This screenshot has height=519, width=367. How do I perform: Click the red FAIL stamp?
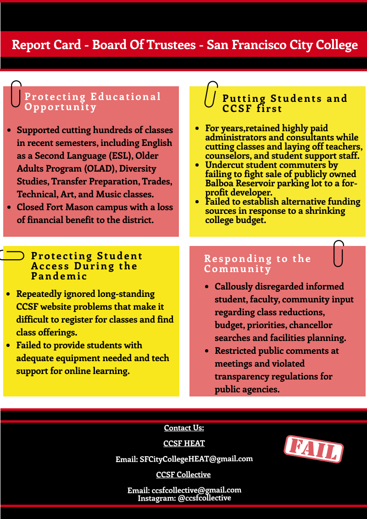click(314, 449)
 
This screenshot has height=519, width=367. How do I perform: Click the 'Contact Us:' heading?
click(184, 428)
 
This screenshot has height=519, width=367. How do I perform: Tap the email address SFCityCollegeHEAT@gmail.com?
click(196, 458)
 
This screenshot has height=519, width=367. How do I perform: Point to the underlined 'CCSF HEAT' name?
click(184, 443)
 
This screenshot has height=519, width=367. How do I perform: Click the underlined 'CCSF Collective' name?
click(183, 474)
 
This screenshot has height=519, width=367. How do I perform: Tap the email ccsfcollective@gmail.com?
click(196, 490)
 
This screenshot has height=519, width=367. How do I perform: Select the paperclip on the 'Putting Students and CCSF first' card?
click(211, 94)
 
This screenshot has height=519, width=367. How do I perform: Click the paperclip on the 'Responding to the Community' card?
click(339, 253)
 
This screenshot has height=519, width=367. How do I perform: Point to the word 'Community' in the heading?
click(238, 269)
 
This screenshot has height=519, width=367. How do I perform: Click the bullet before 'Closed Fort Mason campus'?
click(9, 207)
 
